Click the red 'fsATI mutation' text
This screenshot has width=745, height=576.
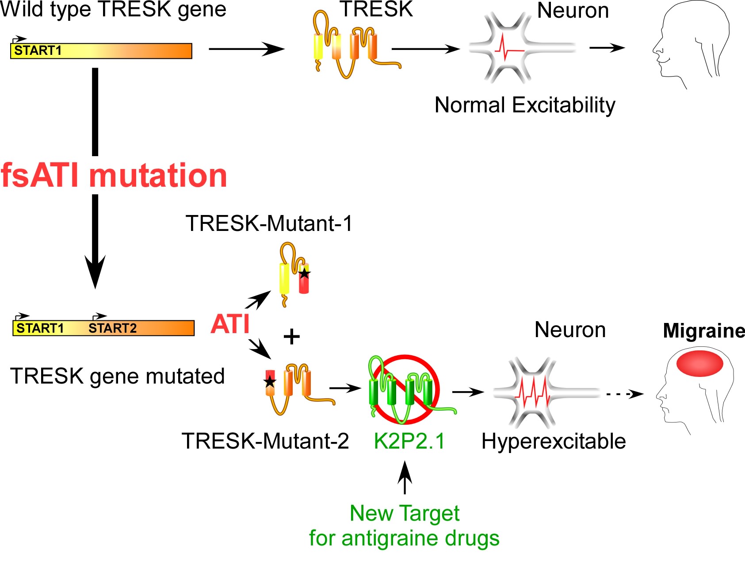click(x=114, y=176)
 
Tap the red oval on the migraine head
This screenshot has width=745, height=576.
click(x=699, y=363)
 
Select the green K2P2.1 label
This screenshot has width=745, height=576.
click(x=409, y=441)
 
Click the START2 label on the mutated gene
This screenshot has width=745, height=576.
click(x=112, y=328)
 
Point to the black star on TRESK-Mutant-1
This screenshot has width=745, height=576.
click(x=304, y=273)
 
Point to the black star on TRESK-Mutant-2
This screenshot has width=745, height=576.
click(x=270, y=381)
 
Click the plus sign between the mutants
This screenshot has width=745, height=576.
click(x=291, y=337)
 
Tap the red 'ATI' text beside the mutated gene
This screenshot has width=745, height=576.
click(x=230, y=324)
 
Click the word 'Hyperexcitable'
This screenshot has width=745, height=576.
click(x=554, y=441)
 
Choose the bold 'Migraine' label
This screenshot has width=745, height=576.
click(x=704, y=330)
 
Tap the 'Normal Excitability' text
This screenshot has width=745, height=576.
click(x=525, y=105)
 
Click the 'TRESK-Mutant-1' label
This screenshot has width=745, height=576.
click(x=269, y=223)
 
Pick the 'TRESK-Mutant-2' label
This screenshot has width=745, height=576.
click(x=265, y=441)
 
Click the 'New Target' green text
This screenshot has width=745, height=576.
click(x=405, y=513)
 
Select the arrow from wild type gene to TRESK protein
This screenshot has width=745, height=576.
click(x=246, y=49)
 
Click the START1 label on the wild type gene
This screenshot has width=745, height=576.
click(x=38, y=50)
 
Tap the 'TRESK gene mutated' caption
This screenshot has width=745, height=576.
click(x=118, y=376)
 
